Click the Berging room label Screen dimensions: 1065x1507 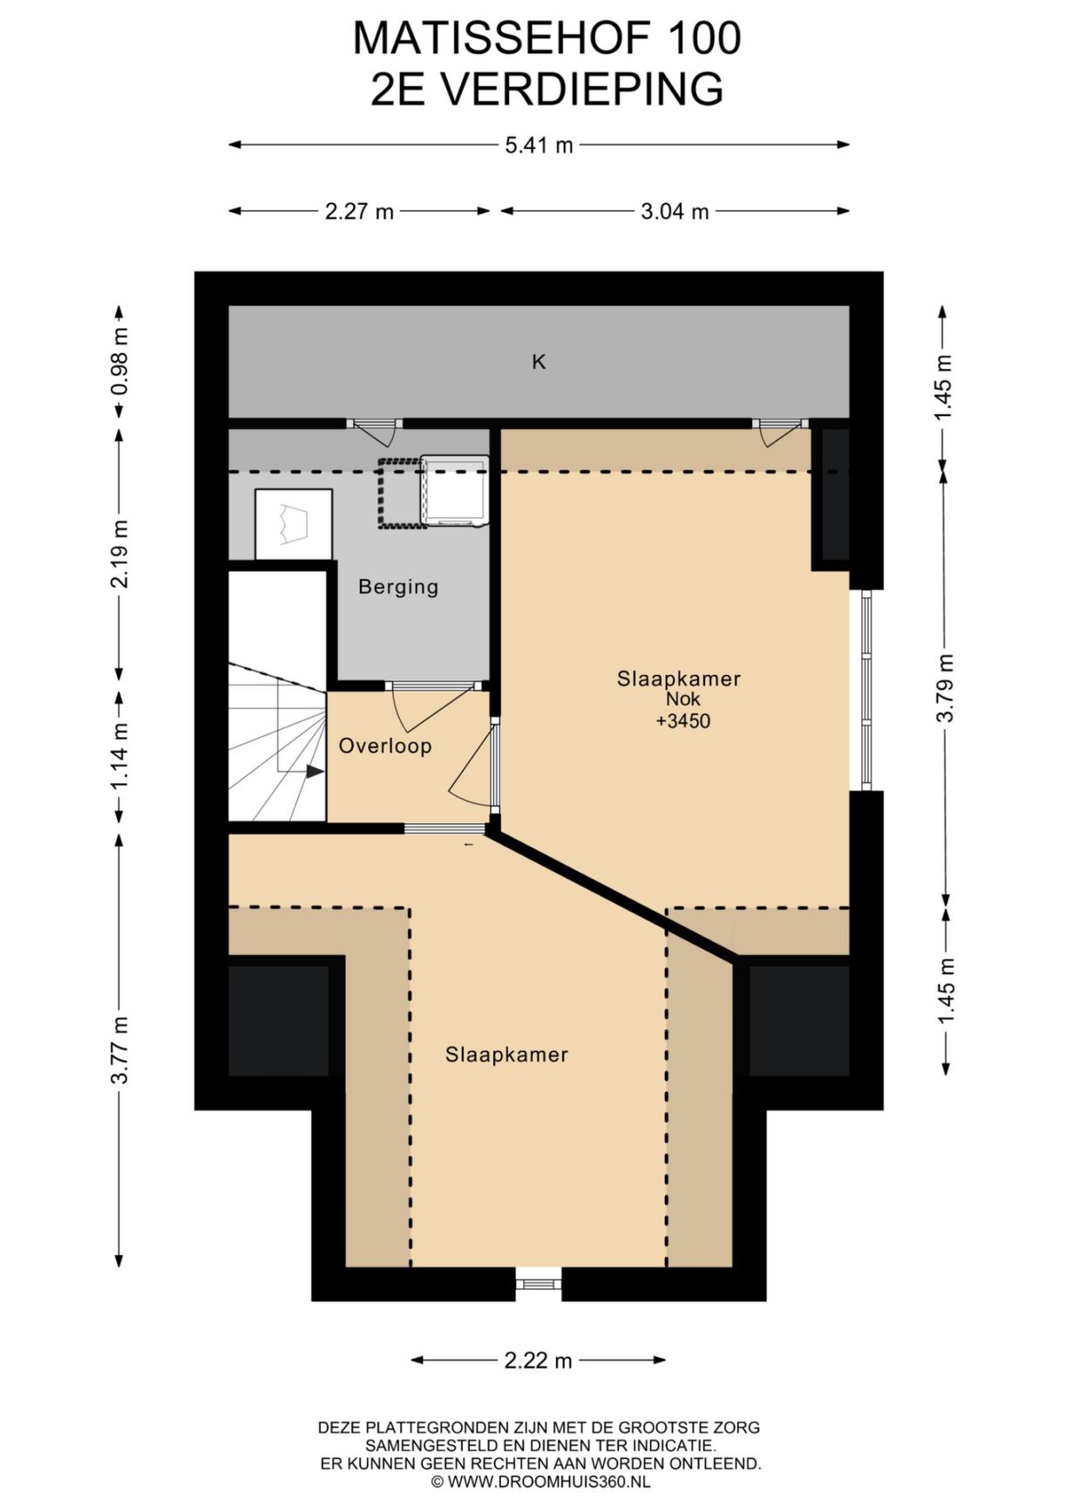click(x=398, y=587)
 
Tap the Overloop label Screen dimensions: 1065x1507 click(x=385, y=746)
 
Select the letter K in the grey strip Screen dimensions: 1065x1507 click(x=539, y=361)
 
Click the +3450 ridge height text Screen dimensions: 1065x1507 click(x=683, y=721)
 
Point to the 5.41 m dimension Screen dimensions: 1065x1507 click(x=539, y=145)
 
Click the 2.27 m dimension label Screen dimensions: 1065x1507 click(x=359, y=211)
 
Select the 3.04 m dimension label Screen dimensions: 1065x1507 click(x=675, y=211)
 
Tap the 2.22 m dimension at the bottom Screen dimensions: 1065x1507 click(x=539, y=1360)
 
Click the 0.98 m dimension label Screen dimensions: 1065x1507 click(x=119, y=360)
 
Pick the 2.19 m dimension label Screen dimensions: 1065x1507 click(x=119, y=554)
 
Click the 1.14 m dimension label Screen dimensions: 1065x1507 click(x=119, y=756)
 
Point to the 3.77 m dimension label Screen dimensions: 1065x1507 click(x=119, y=1050)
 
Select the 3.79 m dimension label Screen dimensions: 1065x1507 click(x=945, y=687)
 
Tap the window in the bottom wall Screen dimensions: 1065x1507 click(x=538, y=1284)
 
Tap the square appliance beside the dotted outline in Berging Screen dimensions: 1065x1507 click(x=454, y=491)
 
